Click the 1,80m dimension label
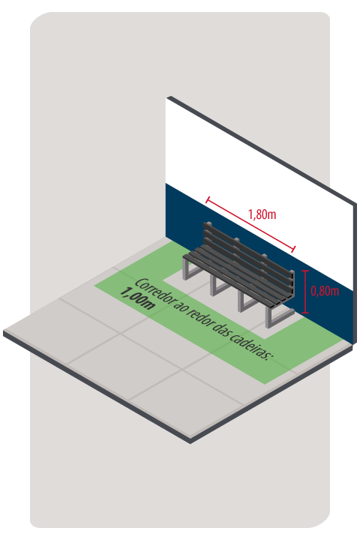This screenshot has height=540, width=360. [262, 214]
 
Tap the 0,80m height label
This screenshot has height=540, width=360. [325, 291]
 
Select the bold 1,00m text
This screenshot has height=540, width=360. [136, 299]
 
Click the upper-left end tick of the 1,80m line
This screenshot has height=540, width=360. [208, 199]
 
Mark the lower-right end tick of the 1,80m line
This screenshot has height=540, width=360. [293, 249]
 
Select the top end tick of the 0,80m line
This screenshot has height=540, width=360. [305, 271]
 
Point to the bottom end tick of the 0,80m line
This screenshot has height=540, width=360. [305, 313]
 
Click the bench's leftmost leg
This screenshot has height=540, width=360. [188, 269]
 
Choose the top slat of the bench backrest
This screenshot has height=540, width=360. [248, 247]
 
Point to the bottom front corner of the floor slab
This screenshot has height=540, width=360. [190, 442]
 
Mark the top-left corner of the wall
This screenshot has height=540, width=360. [166, 97]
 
